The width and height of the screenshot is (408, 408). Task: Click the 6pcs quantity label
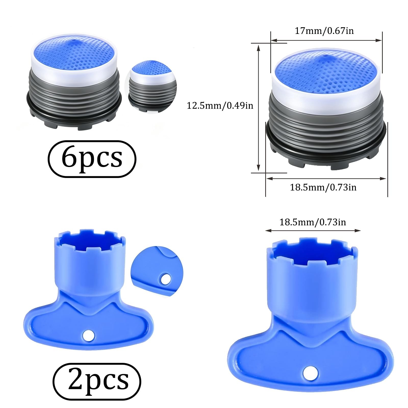[x=92, y=159]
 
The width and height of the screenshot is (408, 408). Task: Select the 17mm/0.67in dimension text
[x=324, y=31]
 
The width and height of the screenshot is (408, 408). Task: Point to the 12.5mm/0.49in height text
[x=220, y=105]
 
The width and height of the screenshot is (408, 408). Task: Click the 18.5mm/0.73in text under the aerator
[x=323, y=187]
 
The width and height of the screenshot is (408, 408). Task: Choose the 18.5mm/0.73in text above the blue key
[x=313, y=222]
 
